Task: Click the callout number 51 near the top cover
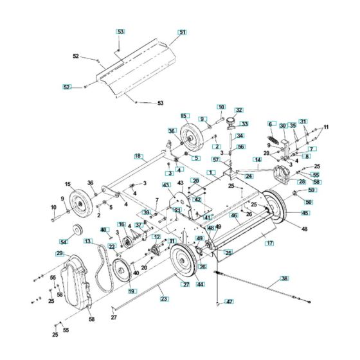[182, 32]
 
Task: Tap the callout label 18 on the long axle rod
[138, 156]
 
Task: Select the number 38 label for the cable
[283, 278]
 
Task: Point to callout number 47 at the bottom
[229, 301]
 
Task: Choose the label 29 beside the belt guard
[60, 254]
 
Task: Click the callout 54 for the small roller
[63, 242]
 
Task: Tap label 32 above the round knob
[239, 110]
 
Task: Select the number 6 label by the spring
[271, 124]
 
